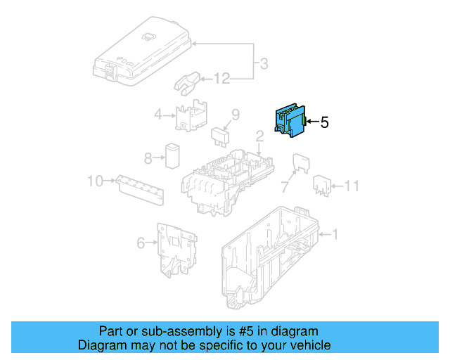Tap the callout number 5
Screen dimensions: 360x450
coord(324,122)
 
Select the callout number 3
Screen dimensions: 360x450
coord(264,65)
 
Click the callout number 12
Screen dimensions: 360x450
coord(221,79)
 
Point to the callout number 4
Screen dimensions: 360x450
coord(159,114)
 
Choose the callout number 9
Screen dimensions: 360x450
coord(236,114)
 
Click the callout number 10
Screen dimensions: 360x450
coord(96,181)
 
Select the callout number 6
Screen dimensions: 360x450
coord(141,243)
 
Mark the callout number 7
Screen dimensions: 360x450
coord(284,187)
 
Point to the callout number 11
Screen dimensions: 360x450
coord(352,186)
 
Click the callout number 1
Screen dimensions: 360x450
coord(335,234)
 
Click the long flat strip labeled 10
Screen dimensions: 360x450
coord(141,188)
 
